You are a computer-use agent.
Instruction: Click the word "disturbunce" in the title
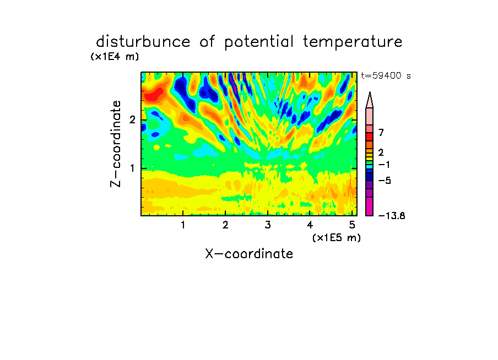[143, 42]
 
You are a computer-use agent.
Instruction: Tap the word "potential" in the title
[259, 42]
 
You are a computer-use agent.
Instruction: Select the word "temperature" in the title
[353, 42]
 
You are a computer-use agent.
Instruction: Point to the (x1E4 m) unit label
[115, 57]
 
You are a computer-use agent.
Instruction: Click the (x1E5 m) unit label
[337, 237]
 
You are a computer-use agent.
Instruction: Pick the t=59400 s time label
[386, 76]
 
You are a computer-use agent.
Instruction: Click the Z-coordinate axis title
[116, 144]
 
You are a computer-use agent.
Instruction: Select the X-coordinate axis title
[249, 254]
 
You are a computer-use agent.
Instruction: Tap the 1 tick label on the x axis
[183, 225]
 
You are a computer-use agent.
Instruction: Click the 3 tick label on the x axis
[268, 225]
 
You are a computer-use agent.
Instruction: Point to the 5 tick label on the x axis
[352, 225]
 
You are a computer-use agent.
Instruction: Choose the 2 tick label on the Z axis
[132, 119]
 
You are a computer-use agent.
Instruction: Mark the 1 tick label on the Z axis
[132, 168]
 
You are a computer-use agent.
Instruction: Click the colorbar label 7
[381, 132]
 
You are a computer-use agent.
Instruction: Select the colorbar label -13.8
[392, 216]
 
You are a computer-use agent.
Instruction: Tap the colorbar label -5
[385, 181]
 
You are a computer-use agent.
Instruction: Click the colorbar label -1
[384, 165]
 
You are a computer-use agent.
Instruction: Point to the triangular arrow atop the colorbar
[370, 100]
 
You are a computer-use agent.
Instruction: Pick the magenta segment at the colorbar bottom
[370, 206]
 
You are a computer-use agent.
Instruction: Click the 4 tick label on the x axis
[310, 225]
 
